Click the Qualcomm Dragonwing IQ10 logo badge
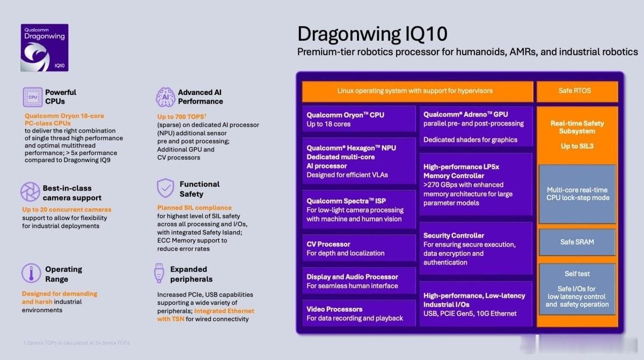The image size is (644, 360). [x=44, y=47]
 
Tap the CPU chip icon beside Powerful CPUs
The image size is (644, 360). [x=32, y=97]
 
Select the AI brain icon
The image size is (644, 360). [x=165, y=97]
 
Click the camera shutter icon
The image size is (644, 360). [x=31, y=192]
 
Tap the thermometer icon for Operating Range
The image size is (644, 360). [x=31, y=274]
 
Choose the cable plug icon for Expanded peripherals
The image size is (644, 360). [x=159, y=273]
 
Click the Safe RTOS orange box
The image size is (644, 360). [x=577, y=91]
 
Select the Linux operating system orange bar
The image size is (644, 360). [x=417, y=91]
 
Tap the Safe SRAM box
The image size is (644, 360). [x=577, y=242]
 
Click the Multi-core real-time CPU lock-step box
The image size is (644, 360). [x=577, y=194]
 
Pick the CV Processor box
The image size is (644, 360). [x=358, y=248]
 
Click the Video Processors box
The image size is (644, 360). [x=358, y=313]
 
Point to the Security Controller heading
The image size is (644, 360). [x=453, y=236]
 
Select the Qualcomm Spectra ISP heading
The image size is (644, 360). [x=343, y=201]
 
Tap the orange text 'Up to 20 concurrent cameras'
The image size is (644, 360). [x=67, y=209]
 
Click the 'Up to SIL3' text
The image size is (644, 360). [x=577, y=146]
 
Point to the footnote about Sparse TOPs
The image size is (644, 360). [x=76, y=342]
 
